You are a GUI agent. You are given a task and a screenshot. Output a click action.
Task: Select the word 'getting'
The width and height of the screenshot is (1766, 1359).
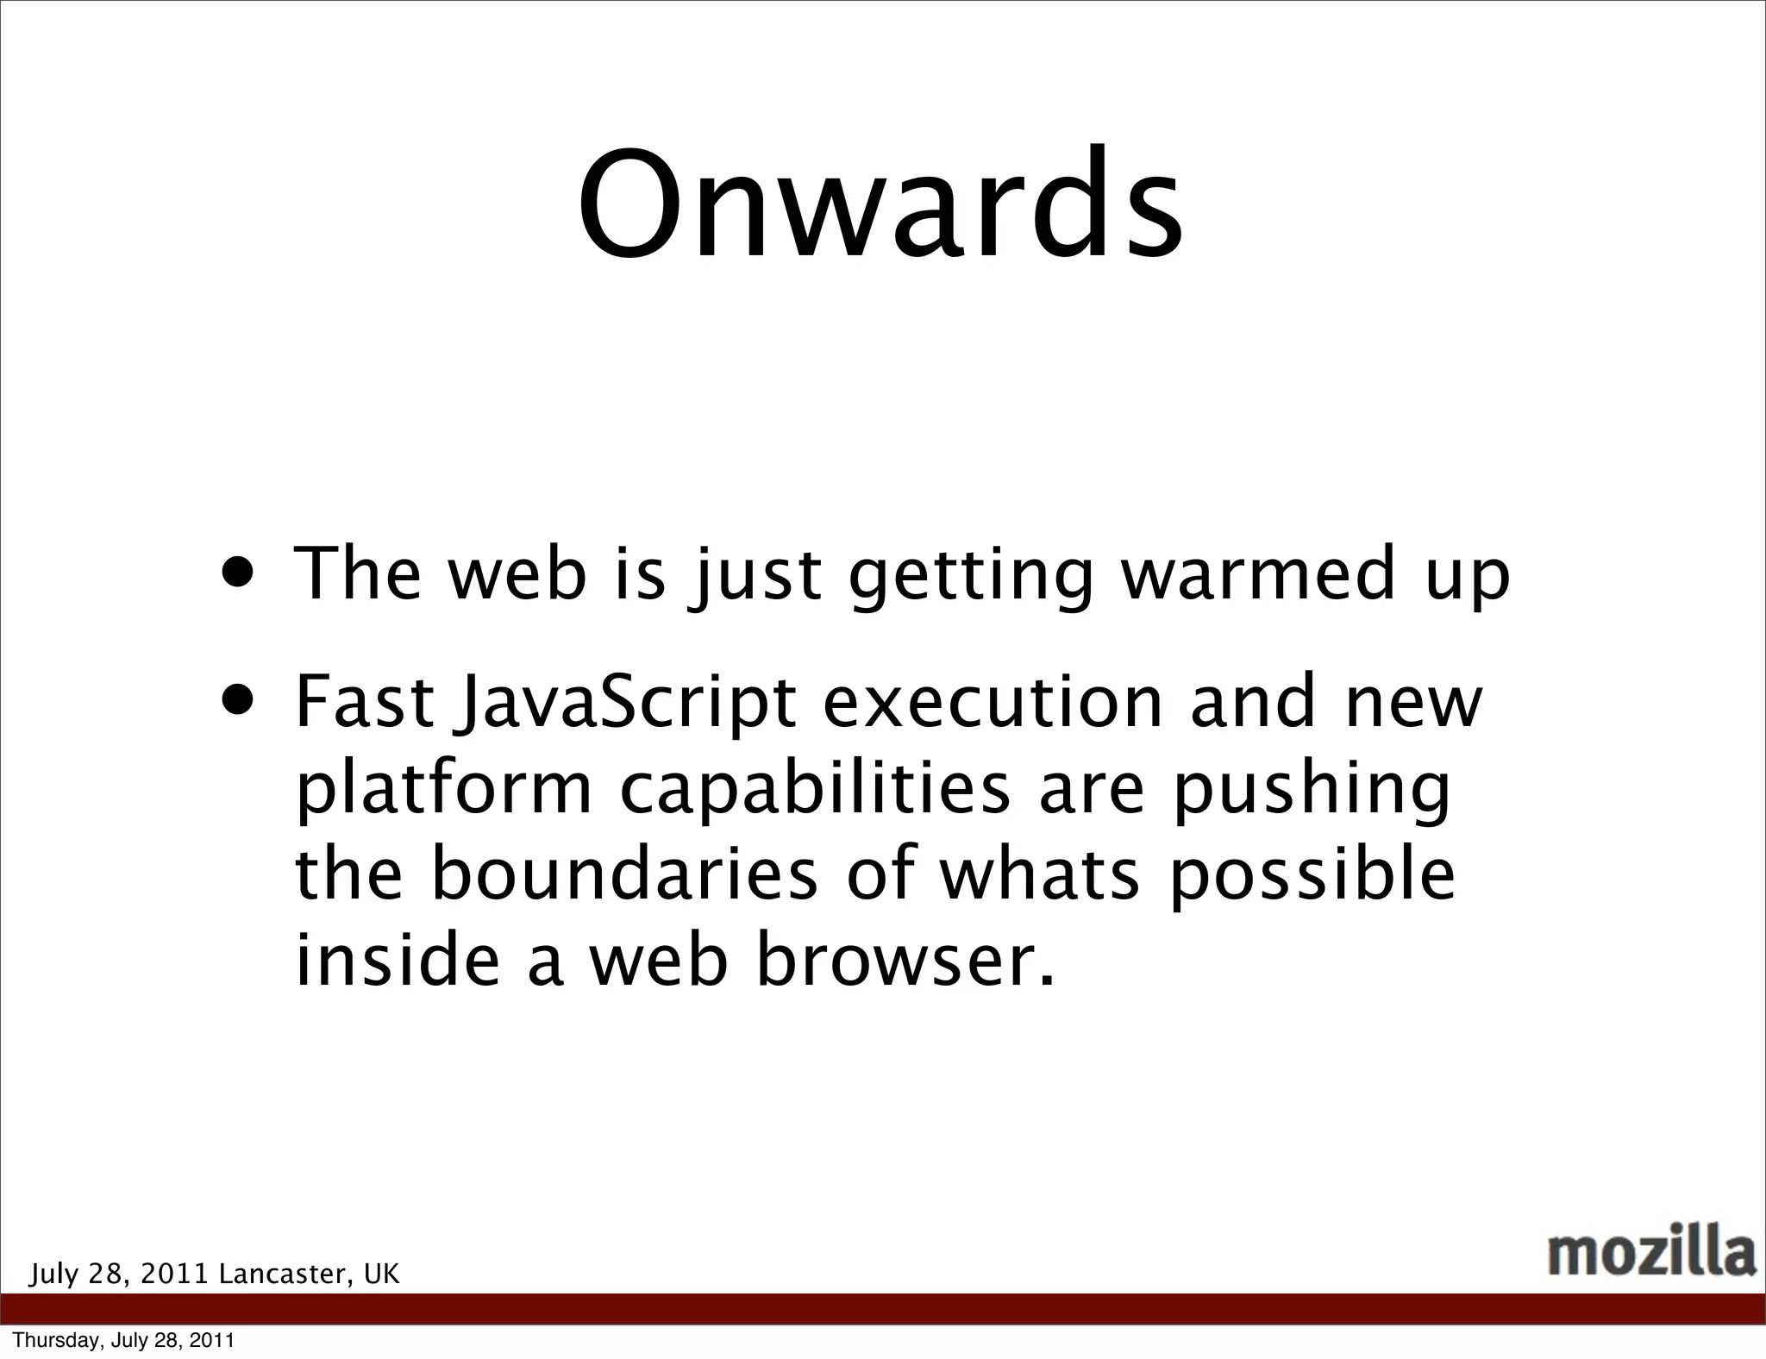tap(970, 578)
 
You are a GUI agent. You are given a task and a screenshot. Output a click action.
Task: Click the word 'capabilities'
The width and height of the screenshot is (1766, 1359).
tap(814, 791)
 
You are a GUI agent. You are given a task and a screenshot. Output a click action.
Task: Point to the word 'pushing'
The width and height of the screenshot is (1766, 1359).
tap(1311, 791)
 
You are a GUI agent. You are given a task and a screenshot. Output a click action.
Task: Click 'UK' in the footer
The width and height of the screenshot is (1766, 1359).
tap(381, 1274)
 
